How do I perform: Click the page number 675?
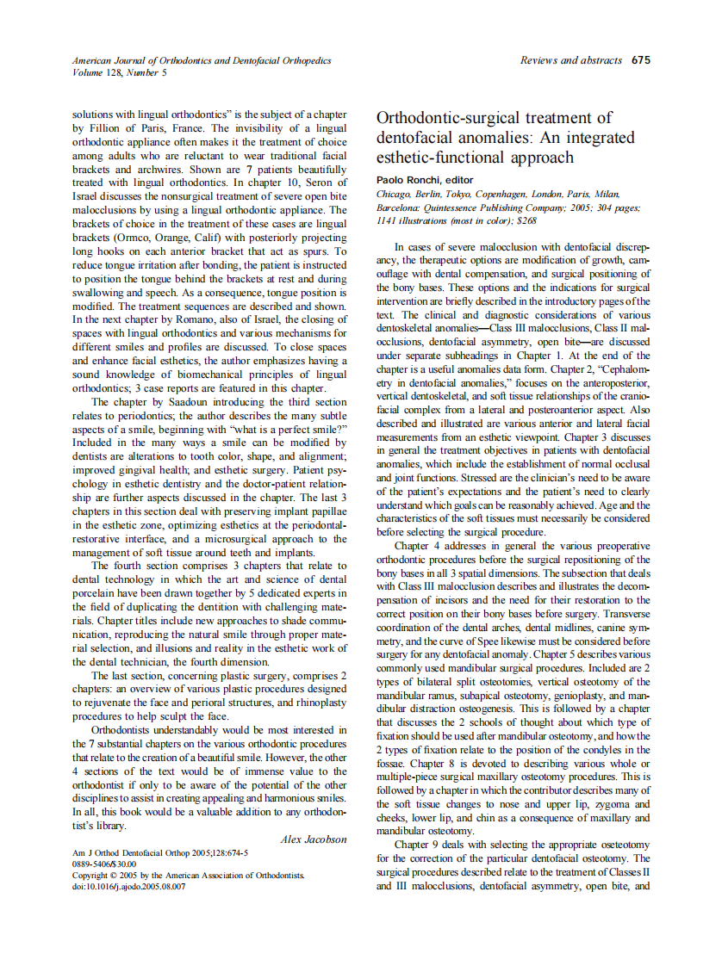(640, 60)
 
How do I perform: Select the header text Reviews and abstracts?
(571, 60)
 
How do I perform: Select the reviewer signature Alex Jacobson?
(314, 839)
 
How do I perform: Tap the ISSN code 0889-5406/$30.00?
(104, 863)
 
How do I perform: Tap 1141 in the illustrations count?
(389, 220)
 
